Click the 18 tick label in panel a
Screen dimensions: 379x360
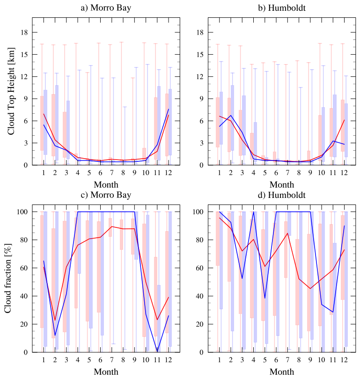click(23, 32)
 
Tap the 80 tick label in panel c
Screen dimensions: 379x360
click(22, 240)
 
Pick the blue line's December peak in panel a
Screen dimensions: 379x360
click(168, 109)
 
